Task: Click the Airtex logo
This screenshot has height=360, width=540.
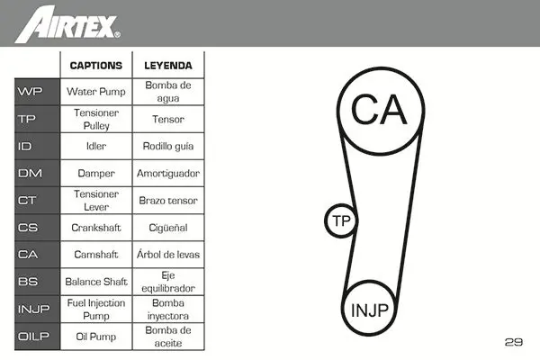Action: pyautogui.click(x=67, y=24)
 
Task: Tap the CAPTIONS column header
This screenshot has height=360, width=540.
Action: pyautogui.click(x=96, y=66)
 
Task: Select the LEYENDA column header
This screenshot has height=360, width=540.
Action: pyautogui.click(x=168, y=66)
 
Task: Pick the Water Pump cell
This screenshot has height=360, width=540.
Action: pyautogui.click(x=96, y=92)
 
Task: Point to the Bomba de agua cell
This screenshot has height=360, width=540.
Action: pyautogui.click(x=168, y=92)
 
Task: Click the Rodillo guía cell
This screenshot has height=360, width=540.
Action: pyautogui.click(x=168, y=146)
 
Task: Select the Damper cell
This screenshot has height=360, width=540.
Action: pyautogui.click(x=96, y=174)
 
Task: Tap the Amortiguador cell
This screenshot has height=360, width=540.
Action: pyautogui.click(x=168, y=174)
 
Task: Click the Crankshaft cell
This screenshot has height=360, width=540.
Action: pyautogui.click(x=96, y=228)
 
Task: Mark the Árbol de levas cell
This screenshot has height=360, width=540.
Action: pyautogui.click(x=168, y=254)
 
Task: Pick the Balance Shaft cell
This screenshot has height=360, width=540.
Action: pyautogui.click(x=96, y=282)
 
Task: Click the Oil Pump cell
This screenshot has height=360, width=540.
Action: pyautogui.click(x=96, y=337)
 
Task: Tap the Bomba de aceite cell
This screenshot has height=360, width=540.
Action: pyautogui.click(x=168, y=337)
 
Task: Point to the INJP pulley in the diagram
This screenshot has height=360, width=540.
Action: pyautogui.click(x=370, y=281)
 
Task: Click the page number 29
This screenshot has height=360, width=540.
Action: pyautogui.click(x=514, y=342)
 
